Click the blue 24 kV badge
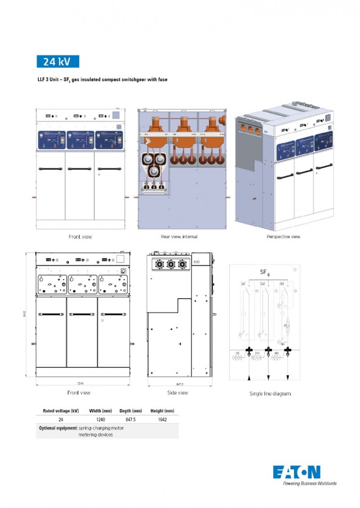(x=58, y=61)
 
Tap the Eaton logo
(x=297, y=472)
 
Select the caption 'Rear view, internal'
(x=179, y=236)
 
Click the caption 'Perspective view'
(x=283, y=236)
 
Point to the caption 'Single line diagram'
(x=270, y=394)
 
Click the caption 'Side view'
(x=177, y=393)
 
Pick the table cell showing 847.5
(x=130, y=419)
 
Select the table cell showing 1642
(x=162, y=419)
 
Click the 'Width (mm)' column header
(x=101, y=411)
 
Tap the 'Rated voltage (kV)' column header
(x=61, y=411)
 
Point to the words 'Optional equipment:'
(x=58, y=428)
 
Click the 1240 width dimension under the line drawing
(x=80, y=383)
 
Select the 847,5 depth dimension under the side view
(x=180, y=384)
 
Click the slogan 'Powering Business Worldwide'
(x=309, y=483)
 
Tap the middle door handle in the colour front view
(x=80, y=169)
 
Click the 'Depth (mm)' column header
(x=130, y=411)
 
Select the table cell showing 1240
(x=101, y=419)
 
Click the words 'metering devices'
(x=95, y=435)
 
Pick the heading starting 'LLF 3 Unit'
(x=102, y=80)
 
